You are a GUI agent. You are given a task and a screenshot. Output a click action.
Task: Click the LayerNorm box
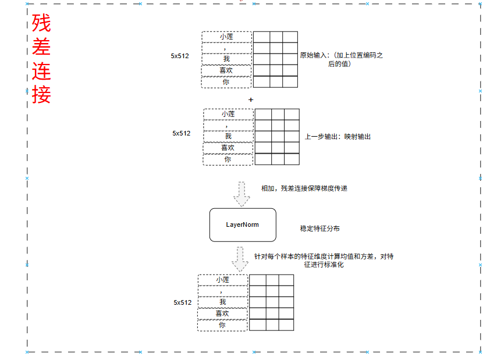[242, 224]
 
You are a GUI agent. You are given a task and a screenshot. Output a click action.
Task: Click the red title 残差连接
[41, 59]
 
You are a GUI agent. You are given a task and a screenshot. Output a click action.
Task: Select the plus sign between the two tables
[251, 99]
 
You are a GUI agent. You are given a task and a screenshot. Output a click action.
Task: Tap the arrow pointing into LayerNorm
[242, 194]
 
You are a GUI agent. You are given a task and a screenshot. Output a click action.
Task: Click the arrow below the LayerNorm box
[240, 259]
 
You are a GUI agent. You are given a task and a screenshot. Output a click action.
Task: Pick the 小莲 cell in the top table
[226, 37]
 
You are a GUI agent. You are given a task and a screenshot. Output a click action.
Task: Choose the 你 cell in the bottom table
[222, 325]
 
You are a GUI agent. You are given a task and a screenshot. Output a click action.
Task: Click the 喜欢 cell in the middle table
[228, 148]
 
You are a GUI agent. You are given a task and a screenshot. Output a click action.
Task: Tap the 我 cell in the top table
[226, 59]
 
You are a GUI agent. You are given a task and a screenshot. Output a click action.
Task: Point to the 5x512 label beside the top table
[180, 56]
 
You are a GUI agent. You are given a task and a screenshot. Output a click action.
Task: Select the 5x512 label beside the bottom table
[182, 302]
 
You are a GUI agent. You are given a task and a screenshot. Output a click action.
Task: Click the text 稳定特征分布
[319, 229]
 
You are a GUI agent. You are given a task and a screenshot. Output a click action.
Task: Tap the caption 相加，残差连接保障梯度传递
[304, 188]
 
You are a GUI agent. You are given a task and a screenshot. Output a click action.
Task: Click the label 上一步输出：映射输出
[338, 137]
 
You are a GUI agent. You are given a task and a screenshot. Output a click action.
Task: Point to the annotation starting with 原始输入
[340, 59]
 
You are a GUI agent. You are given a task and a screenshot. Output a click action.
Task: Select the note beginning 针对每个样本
[324, 260]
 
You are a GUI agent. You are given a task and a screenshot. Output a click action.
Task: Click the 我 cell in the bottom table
[222, 302]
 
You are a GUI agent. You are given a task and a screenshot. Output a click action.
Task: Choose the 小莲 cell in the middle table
[228, 114]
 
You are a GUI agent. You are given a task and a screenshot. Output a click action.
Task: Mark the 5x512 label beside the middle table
[181, 133]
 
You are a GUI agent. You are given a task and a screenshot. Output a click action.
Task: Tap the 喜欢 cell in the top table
[226, 70]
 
